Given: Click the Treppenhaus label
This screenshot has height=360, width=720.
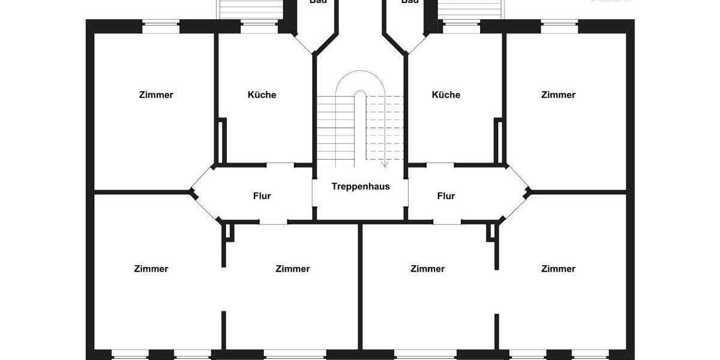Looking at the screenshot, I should pyautogui.click(x=361, y=186).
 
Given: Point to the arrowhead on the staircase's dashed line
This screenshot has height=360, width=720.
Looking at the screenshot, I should pyautogui.click(x=385, y=163).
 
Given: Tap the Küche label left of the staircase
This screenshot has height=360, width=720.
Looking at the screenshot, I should pyautogui.click(x=262, y=95).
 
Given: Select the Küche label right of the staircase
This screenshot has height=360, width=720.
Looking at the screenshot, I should pyautogui.click(x=446, y=95).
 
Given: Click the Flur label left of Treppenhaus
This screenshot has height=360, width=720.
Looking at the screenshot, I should pyautogui.click(x=262, y=196).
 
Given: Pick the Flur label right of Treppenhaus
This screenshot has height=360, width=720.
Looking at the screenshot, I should pyautogui.click(x=446, y=196).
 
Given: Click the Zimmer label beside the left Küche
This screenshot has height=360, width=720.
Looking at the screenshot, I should pyautogui.click(x=156, y=95).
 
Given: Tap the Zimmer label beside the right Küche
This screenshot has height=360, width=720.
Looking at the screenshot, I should pyautogui.click(x=558, y=95).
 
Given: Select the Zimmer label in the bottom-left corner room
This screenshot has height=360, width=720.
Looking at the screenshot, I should pyautogui.click(x=151, y=269).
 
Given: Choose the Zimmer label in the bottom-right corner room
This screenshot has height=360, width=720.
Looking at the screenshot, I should pyautogui.click(x=558, y=269).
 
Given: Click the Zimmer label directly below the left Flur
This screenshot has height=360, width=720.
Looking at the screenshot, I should pyautogui.click(x=293, y=269).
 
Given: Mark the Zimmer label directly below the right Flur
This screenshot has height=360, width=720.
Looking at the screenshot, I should pyautogui.click(x=428, y=269).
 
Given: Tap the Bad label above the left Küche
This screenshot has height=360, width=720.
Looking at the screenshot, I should pyautogui.click(x=318, y=2).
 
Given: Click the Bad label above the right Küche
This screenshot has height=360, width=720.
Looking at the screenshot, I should pyautogui.click(x=410, y=2).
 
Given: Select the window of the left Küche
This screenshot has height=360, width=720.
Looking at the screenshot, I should pyautogui.click(x=259, y=26).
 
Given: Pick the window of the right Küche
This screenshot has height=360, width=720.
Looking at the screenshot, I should pyautogui.click(x=461, y=26).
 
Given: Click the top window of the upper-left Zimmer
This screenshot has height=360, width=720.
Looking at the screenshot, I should pyautogui.click(x=161, y=26).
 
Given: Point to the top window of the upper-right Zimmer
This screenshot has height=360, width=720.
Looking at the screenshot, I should pyautogui.click(x=559, y=26).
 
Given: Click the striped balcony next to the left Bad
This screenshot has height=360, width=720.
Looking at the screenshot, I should pyautogui.click(x=251, y=8).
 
